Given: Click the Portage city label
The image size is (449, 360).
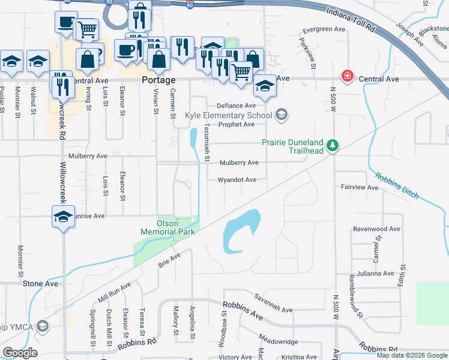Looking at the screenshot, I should (158, 80).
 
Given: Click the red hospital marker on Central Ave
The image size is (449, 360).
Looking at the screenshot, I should (346, 76).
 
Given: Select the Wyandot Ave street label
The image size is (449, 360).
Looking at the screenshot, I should (237, 179).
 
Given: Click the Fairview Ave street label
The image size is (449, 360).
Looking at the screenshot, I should (360, 187).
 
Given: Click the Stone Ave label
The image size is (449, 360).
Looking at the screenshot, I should (41, 283).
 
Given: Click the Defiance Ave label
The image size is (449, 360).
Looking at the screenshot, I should (237, 105).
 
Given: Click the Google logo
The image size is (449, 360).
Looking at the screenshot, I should (20, 353).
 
